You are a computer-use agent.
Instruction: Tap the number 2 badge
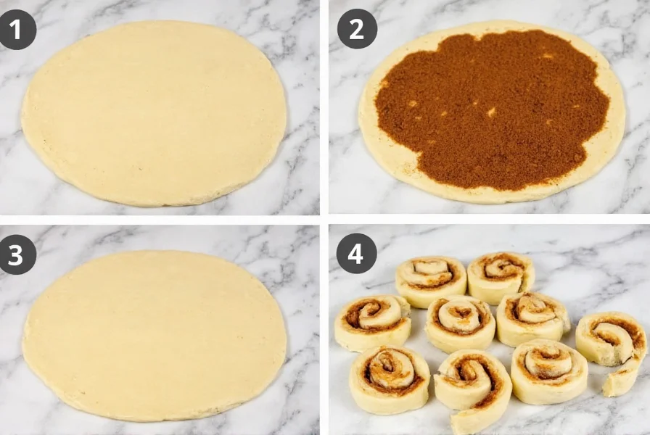[x=357, y=29]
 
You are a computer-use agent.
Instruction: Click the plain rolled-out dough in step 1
[x=154, y=112]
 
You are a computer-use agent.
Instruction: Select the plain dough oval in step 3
[x=154, y=335]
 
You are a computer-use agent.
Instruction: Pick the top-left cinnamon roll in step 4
[x=431, y=279]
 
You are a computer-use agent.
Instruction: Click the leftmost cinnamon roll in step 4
[x=372, y=320]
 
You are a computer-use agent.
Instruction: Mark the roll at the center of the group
[x=459, y=321]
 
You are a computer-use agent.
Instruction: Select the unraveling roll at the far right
[x=611, y=339]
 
